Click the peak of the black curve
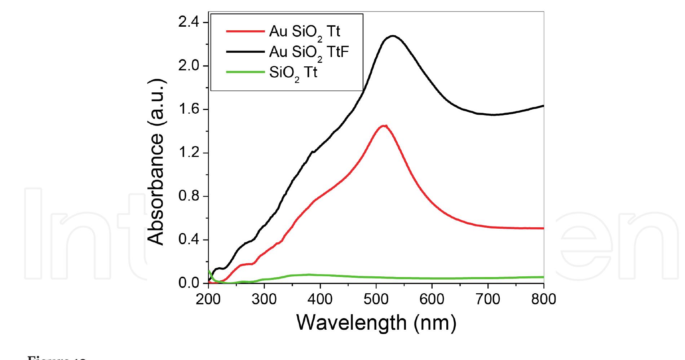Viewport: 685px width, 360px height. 393,36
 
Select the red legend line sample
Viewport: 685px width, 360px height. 246,32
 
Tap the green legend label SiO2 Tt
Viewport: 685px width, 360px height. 293,73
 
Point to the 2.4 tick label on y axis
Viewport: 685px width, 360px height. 189,23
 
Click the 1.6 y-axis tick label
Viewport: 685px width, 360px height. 189,110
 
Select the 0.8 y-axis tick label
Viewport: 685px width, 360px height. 189,197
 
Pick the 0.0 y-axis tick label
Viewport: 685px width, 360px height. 189,284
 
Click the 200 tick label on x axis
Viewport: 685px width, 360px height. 208,299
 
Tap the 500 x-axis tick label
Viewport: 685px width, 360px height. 376,299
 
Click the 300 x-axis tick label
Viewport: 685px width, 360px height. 264,299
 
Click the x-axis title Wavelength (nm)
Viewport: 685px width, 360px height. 376,322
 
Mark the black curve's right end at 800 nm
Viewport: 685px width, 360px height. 543,106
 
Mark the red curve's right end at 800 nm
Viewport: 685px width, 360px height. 543,228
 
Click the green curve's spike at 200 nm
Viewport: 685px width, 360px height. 209,271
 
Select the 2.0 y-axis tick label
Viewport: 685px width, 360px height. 189,66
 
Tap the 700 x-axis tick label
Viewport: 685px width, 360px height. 488,299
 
